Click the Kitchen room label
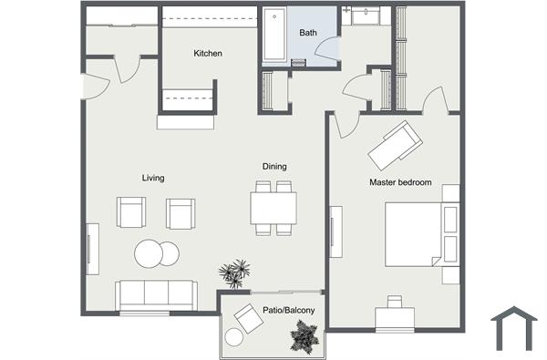tap(208, 54)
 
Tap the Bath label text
tap(307, 33)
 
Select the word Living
tap(153, 178)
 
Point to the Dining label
tap(274, 167)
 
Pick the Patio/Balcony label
tap(288, 312)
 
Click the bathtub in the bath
tap(274, 36)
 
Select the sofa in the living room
tap(156, 294)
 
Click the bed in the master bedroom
tap(415, 233)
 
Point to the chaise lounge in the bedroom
tap(394, 141)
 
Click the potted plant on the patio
tap(304, 338)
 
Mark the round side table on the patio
tap(234, 338)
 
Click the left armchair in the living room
tap(130, 213)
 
